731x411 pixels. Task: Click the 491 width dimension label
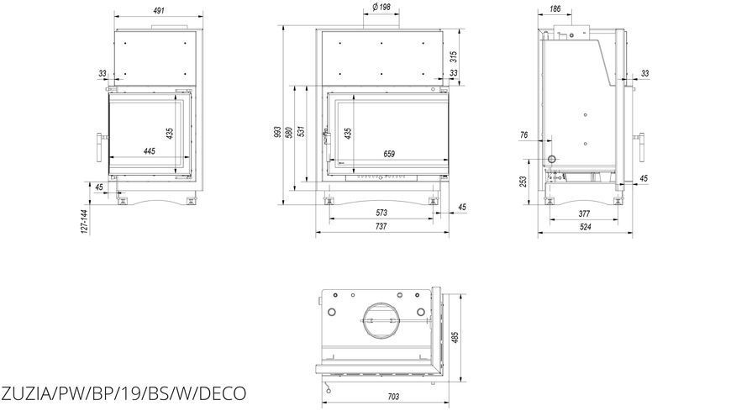coord(159,10)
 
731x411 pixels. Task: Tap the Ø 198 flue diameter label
coord(381,7)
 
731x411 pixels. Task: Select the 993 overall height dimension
coord(277,132)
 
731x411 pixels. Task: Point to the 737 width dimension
coord(381,226)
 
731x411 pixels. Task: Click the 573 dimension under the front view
coord(381,213)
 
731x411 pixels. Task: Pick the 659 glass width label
coord(389,154)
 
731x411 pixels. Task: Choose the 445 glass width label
coord(150,151)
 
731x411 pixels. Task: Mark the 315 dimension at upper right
coord(454,57)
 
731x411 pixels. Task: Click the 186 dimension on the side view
coord(555,9)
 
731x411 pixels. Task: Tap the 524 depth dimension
coord(585,227)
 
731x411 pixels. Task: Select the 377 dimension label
coord(584,213)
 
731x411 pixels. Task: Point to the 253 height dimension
coord(523,182)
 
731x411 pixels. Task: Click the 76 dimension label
coord(523,135)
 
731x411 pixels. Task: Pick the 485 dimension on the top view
coord(455,338)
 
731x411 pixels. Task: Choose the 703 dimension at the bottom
coord(393,397)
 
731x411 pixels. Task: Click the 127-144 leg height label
coord(84,222)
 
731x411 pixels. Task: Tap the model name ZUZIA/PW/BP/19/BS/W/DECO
coord(124,393)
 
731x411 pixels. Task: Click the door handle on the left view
coord(100,147)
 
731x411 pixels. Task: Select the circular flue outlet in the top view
coord(381,320)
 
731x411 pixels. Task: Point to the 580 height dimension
coord(289,132)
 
